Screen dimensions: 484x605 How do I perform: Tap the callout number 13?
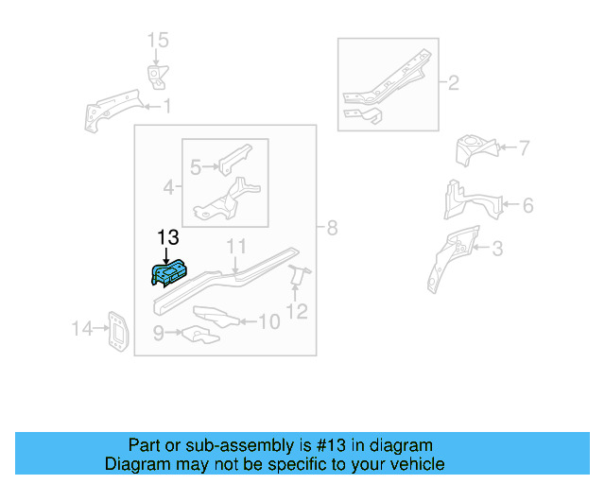pyautogui.click(x=167, y=238)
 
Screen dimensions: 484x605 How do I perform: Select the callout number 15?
pyautogui.click(x=157, y=40)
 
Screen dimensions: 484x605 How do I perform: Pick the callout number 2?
pyautogui.click(x=453, y=83)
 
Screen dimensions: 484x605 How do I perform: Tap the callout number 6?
pyautogui.click(x=527, y=205)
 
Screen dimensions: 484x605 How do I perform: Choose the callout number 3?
pyautogui.click(x=497, y=250)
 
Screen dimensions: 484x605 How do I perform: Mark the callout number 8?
pyautogui.click(x=331, y=228)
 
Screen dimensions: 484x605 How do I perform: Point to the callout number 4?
pyautogui.click(x=168, y=187)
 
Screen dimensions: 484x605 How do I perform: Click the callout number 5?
pyautogui.click(x=196, y=167)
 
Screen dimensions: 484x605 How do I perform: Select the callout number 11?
pyautogui.click(x=236, y=247)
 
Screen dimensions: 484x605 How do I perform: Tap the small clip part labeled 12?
pyautogui.click(x=299, y=276)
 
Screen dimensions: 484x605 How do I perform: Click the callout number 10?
pyautogui.click(x=268, y=322)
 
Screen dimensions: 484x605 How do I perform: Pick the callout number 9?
pyautogui.click(x=159, y=332)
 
